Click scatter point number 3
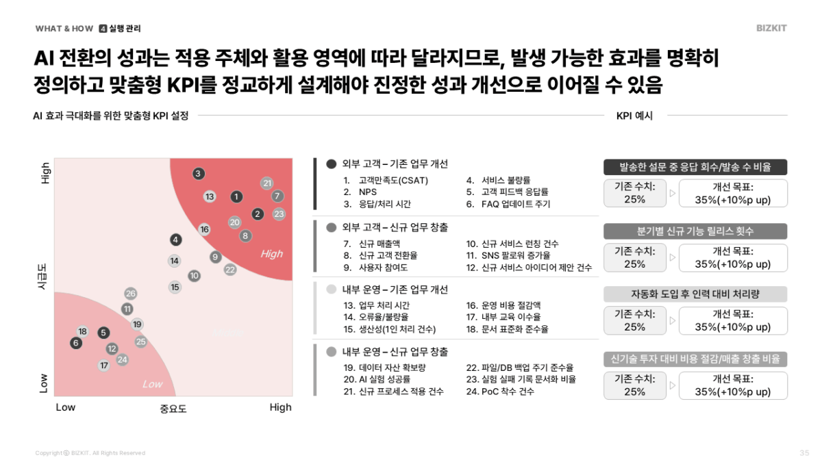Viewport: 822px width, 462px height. pos(198,174)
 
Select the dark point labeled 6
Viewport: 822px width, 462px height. pos(76,343)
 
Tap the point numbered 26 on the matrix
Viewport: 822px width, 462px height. pos(130,294)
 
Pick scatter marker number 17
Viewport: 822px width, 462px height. pos(103,365)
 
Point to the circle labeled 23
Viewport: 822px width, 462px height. pos(279,214)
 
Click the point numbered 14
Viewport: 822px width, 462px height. pos(175,261)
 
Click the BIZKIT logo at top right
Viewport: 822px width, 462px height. pos(771,29)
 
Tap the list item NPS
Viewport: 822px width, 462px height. pos(368,192)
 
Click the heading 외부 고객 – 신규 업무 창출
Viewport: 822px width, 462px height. pos(395,227)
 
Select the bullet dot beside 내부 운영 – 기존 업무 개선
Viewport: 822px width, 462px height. pos(332,290)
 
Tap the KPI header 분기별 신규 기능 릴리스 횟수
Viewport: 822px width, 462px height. pos(695,231)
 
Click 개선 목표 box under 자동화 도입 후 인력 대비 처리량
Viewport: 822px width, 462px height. pos(733,320)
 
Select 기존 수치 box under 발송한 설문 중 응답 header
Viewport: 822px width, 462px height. pos(635,193)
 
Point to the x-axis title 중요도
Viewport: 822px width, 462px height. pos(173,409)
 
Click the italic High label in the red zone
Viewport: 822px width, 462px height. pos(271,254)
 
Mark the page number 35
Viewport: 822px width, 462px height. pos(804,453)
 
